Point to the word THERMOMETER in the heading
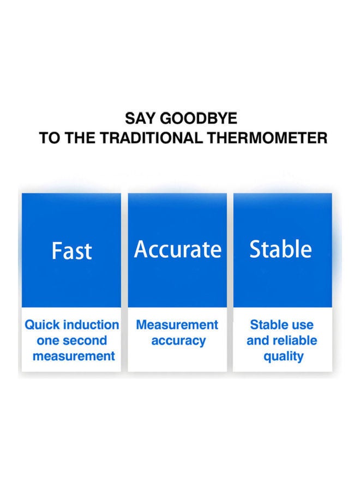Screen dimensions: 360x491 click(x=267, y=138)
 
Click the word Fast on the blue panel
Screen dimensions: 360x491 click(x=71, y=251)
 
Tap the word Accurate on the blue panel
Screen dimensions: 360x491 click(x=177, y=249)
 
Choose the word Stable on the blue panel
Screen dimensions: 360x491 click(x=280, y=249)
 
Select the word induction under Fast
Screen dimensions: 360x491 click(x=91, y=325)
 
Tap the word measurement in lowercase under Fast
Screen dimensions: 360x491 click(x=74, y=356)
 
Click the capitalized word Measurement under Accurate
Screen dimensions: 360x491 click(x=177, y=325)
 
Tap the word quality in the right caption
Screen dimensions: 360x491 click(x=284, y=357)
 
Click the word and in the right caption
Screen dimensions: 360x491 click(x=257, y=340)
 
